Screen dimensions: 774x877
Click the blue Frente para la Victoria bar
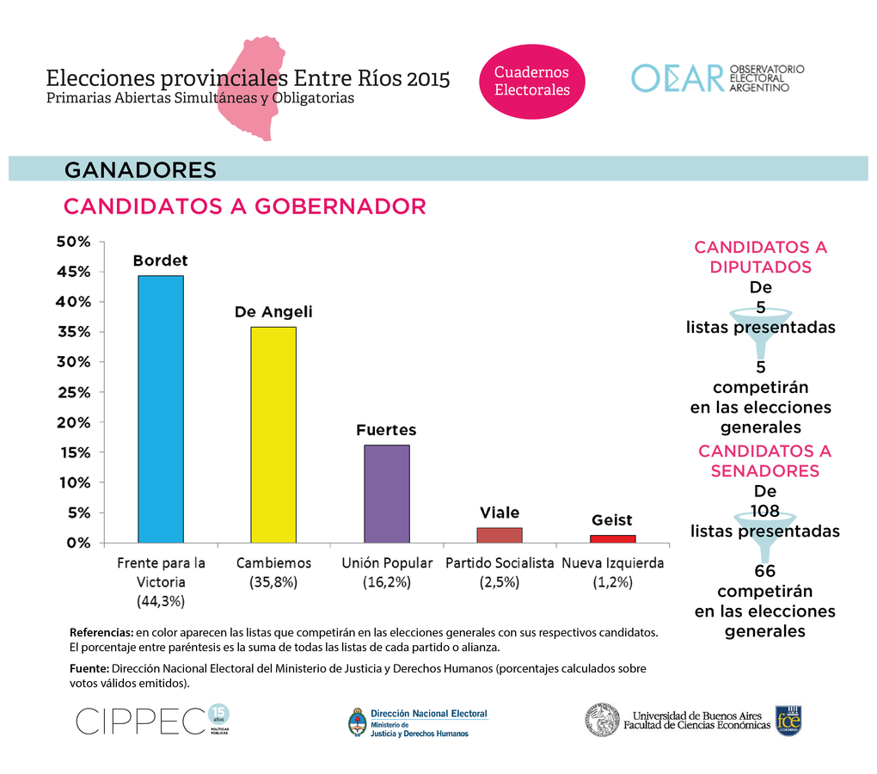pyautogui.click(x=161, y=408)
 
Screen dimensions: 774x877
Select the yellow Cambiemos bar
pyautogui.click(x=273, y=434)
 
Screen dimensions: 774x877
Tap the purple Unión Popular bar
pyautogui.click(x=386, y=494)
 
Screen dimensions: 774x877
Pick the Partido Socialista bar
pyautogui.click(x=499, y=535)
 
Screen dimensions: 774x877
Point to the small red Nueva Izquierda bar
pyautogui.click(x=612, y=538)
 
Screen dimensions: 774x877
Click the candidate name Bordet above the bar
pyautogui.click(x=160, y=261)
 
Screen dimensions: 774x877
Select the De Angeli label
pyautogui.click(x=273, y=312)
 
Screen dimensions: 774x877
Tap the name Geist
pyautogui.click(x=611, y=520)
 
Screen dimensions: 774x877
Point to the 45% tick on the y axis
pyautogui.click(x=73, y=272)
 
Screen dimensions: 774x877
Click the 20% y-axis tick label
pyautogui.click(x=73, y=422)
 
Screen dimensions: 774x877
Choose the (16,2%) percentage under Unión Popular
pyautogui.click(x=386, y=582)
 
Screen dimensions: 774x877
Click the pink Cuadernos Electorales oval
pyautogui.click(x=531, y=81)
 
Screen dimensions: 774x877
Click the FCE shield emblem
pyautogui.click(x=788, y=721)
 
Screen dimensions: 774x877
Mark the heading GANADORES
pyautogui.click(x=140, y=170)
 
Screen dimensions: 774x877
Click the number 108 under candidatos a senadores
pyautogui.click(x=764, y=511)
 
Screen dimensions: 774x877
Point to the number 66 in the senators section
pyautogui.click(x=764, y=572)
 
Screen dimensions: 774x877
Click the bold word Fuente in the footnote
pyautogui.click(x=89, y=668)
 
